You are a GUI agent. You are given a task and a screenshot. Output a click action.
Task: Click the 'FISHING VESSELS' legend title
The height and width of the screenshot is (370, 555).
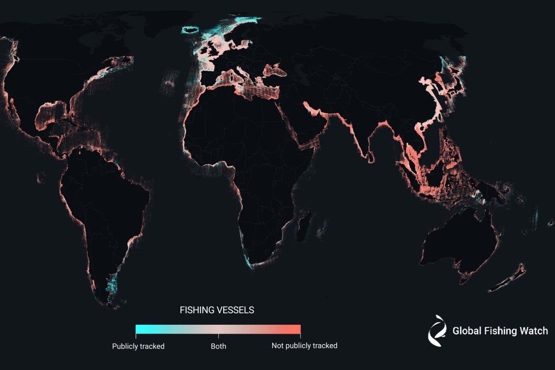(x=217, y=310)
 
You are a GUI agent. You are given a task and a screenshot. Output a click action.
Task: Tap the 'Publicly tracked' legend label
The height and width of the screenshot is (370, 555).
(x=138, y=346)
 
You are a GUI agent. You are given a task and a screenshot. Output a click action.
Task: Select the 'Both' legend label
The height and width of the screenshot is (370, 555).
(x=218, y=346)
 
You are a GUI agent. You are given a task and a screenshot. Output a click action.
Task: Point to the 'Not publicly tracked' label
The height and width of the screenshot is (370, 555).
(x=304, y=346)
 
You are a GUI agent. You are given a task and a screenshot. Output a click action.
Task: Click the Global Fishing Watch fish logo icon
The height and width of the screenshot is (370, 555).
(x=437, y=331)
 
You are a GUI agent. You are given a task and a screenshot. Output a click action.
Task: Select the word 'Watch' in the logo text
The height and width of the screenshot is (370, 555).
(x=534, y=331)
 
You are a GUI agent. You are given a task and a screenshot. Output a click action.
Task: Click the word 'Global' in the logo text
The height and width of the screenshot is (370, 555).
(x=467, y=331)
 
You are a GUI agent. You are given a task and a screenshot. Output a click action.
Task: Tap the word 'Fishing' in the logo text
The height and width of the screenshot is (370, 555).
(x=500, y=331)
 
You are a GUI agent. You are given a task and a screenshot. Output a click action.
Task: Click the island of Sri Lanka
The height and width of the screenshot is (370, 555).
(x=371, y=157)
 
